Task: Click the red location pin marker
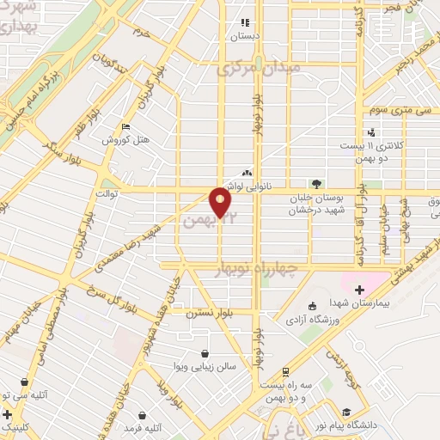click(x=221, y=202)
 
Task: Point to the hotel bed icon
click(x=126, y=127)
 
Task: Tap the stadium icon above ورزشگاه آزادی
click(x=312, y=306)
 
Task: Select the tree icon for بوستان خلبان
click(x=316, y=183)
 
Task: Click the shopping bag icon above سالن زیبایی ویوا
click(x=205, y=352)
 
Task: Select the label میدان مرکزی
click(x=260, y=66)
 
